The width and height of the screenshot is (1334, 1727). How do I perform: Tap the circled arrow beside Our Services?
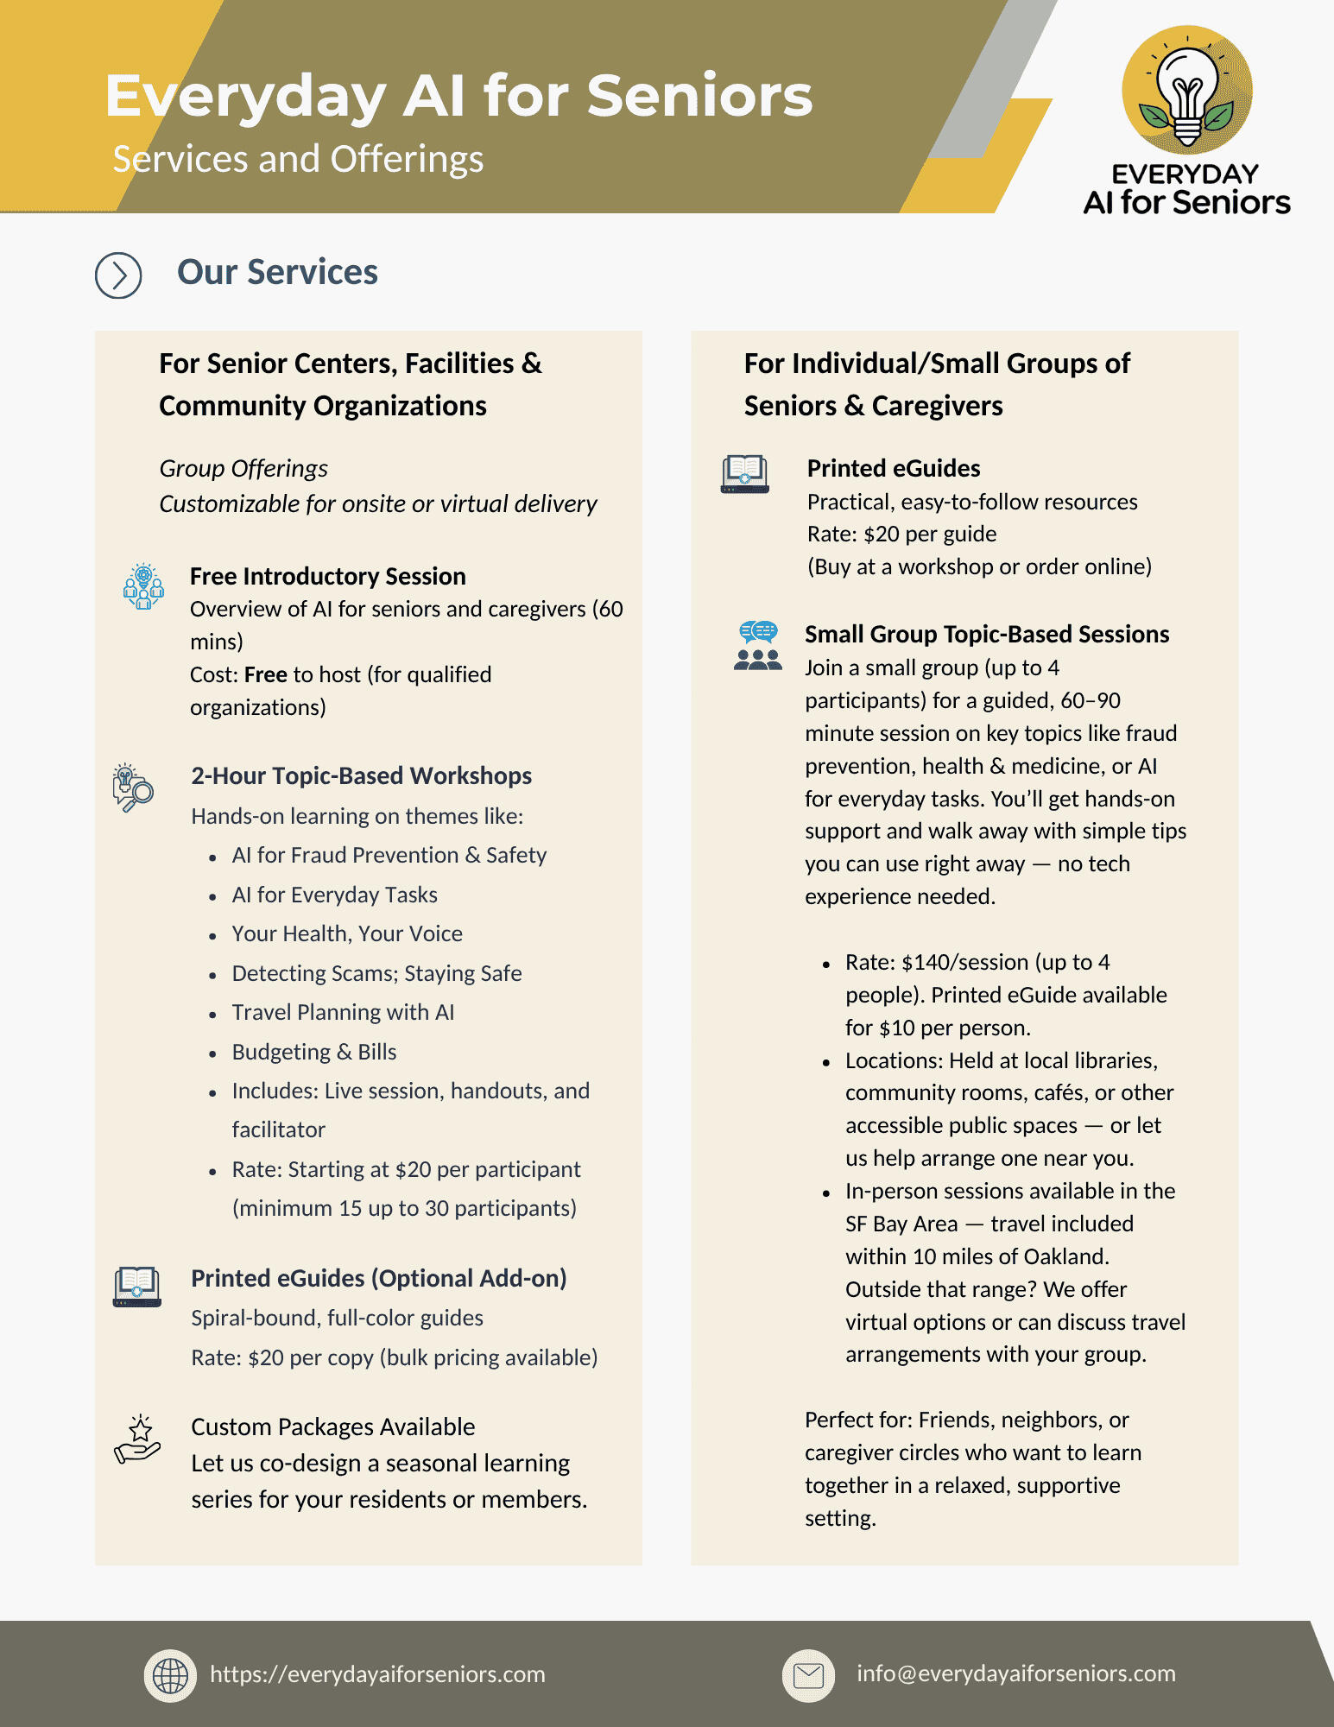[118, 275]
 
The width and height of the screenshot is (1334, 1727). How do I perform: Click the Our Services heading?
[277, 272]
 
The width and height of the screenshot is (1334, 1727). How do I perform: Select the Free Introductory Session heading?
[327, 576]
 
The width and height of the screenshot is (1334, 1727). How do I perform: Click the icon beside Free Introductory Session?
[143, 586]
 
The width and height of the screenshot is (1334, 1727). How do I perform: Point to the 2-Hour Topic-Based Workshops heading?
[361, 775]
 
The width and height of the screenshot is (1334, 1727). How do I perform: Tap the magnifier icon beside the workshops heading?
[133, 787]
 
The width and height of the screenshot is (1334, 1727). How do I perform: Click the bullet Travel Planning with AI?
[343, 1012]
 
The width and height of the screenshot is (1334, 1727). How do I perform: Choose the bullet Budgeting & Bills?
[314, 1052]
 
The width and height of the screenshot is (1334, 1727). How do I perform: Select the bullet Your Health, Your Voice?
[347, 933]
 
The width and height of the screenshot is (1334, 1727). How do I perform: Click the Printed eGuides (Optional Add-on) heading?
[378, 1278]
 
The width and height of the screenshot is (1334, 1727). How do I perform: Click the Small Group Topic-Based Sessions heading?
[987, 634]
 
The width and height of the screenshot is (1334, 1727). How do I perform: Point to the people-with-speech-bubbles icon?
[757, 646]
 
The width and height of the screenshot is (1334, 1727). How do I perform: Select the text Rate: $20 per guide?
[901, 534]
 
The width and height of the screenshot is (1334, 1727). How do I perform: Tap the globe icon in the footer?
[170, 1676]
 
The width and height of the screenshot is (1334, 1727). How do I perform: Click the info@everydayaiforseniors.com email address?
[1015, 1673]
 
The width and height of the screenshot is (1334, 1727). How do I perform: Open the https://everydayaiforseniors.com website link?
[377, 1674]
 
